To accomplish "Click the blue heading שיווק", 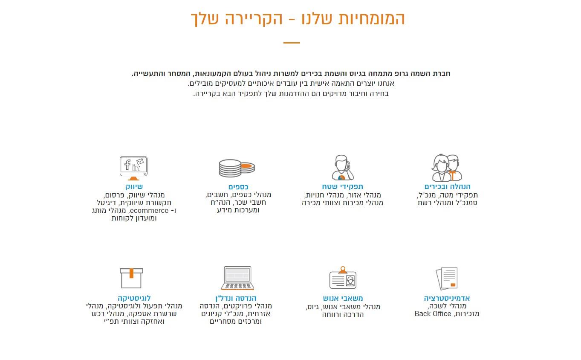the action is tap(134, 187).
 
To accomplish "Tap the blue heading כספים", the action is tap(238, 187).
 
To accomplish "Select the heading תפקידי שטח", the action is tap(342, 187).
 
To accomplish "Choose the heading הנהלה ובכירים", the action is tap(447, 187).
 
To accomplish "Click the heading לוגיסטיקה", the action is tap(134, 298).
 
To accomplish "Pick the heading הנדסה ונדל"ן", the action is tap(236, 298).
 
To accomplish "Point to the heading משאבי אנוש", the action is tap(343, 298).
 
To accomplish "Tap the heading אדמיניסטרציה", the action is tap(447, 298).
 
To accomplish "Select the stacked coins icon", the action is tap(237, 168).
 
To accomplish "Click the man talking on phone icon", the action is tap(342, 167).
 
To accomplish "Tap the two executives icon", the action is tap(447, 168).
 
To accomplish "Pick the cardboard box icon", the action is tap(131, 278).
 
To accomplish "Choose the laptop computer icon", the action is tap(237, 278).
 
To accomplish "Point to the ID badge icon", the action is tap(343, 277).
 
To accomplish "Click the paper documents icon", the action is tap(447, 278).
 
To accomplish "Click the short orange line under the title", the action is tap(292, 43).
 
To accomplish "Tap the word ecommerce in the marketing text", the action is tap(149, 210).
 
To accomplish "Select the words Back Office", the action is tap(433, 314).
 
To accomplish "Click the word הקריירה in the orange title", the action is tap(254, 19).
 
